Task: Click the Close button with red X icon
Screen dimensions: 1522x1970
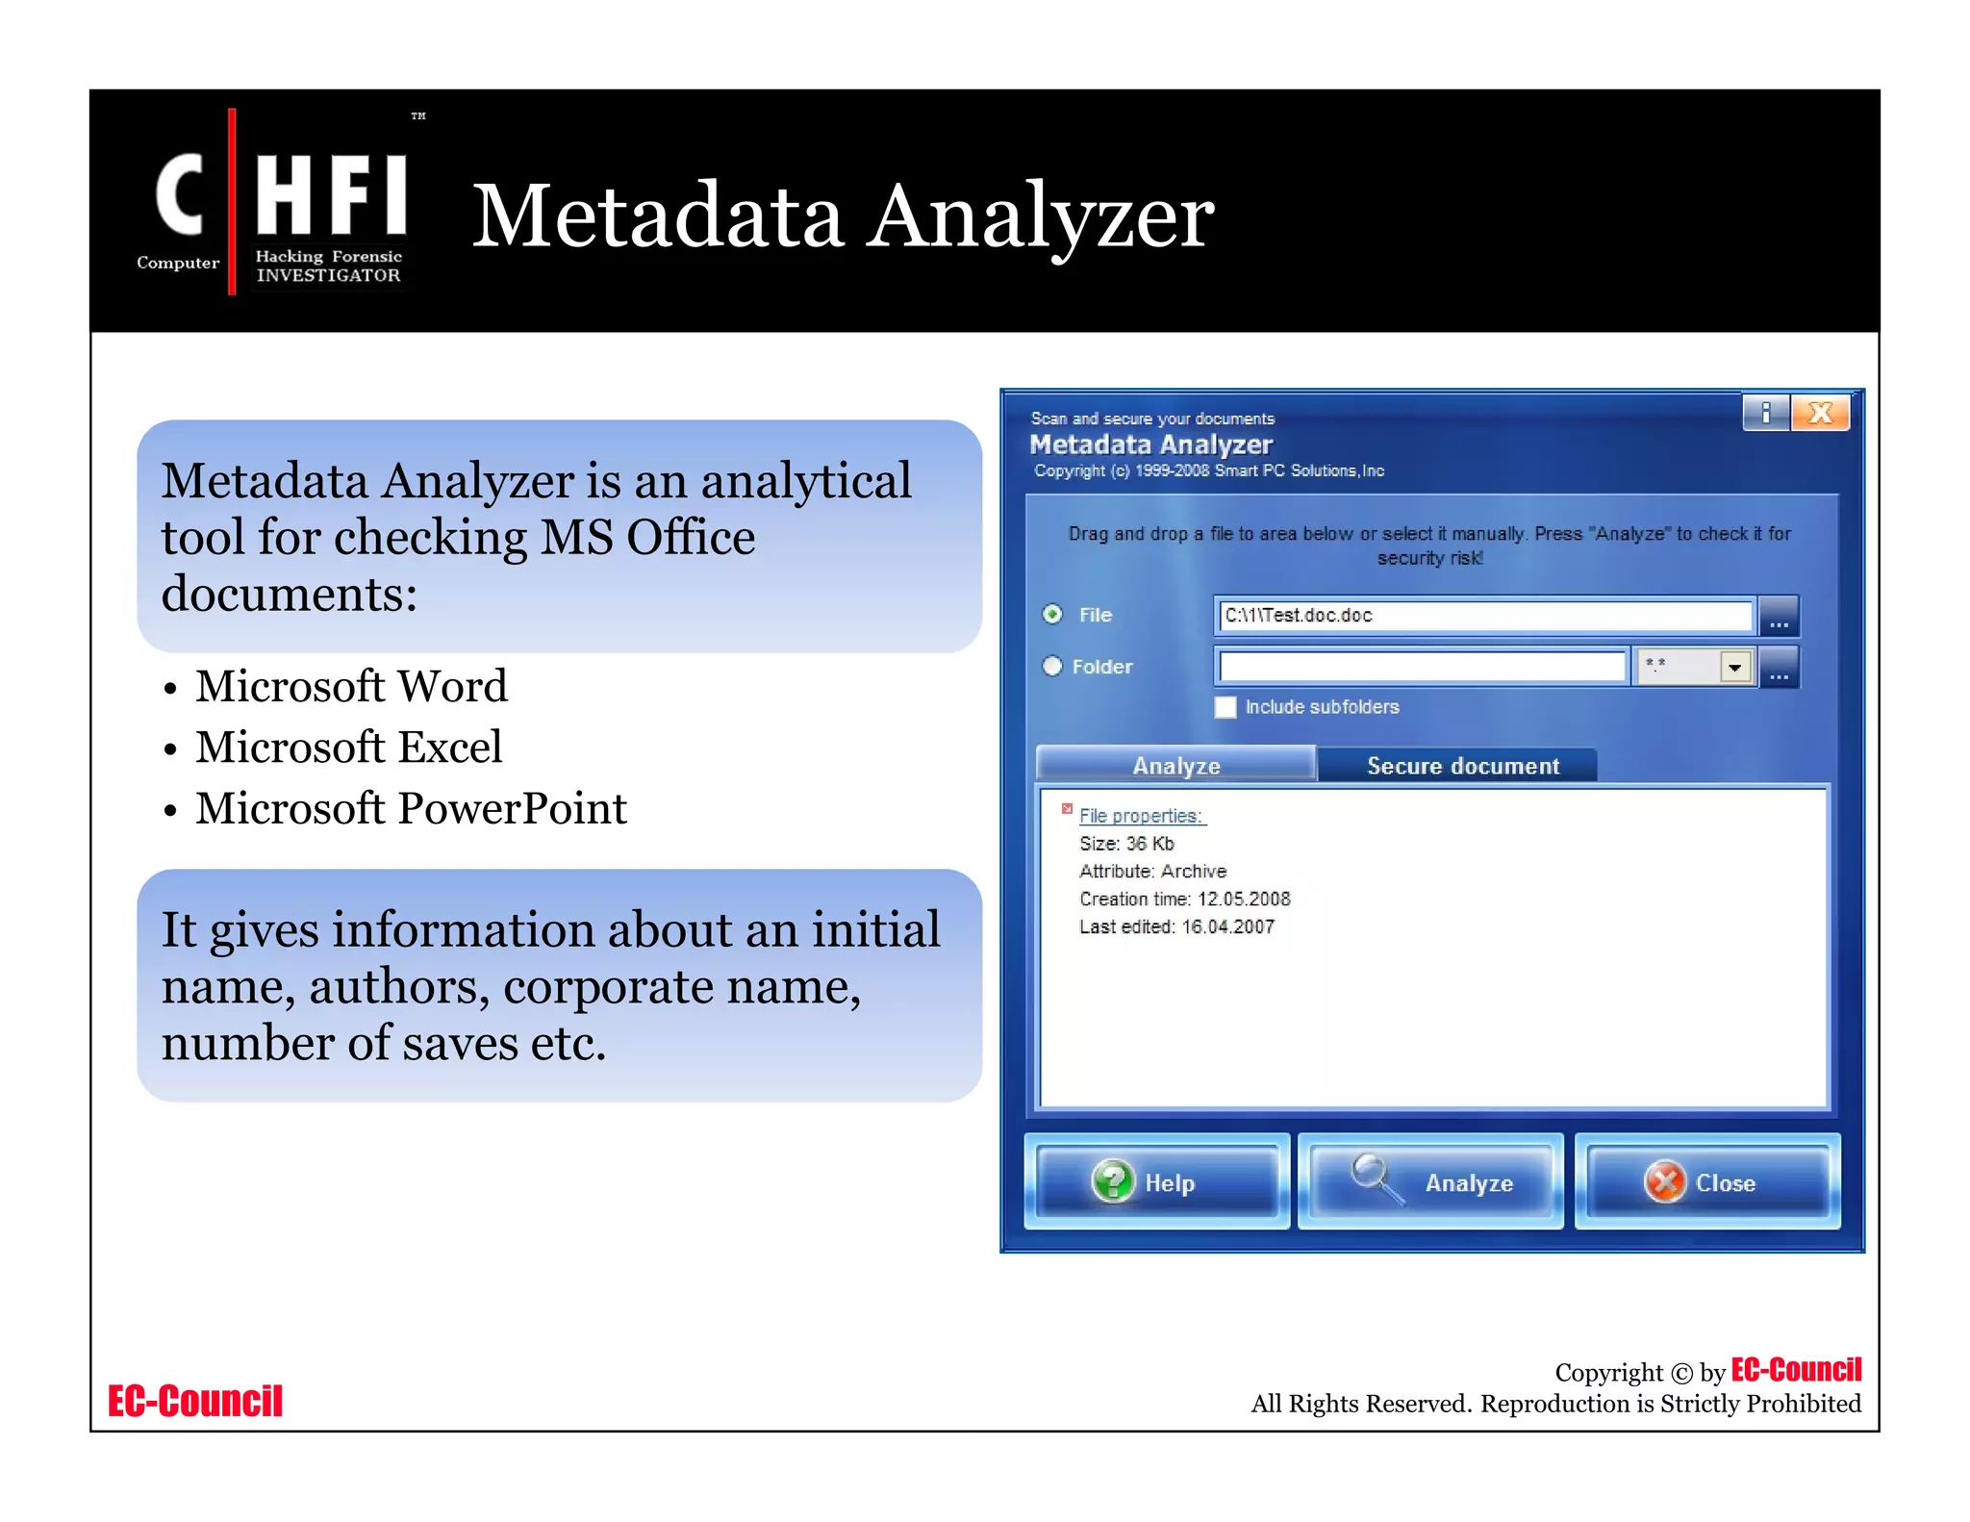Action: [x=1706, y=1181]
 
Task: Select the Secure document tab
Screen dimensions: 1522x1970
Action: [x=1461, y=766]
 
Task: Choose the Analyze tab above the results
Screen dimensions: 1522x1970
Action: [x=1175, y=766]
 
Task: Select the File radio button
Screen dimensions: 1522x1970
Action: [x=1053, y=614]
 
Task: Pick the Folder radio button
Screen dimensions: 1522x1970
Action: [x=1053, y=666]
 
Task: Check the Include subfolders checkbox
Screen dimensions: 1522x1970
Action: [x=1225, y=707]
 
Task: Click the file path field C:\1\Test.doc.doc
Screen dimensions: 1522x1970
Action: [x=1484, y=616]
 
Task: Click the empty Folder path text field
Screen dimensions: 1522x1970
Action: [x=1422, y=666]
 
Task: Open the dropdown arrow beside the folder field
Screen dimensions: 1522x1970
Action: [x=1734, y=666]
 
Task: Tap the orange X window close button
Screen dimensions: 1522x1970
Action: [x=1820, y=414]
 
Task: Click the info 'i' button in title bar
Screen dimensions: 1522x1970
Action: [x=1766, y=414]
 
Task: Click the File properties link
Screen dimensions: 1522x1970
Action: [x=1141, y=816]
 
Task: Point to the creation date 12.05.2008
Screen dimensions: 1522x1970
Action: [x=1243, y=899]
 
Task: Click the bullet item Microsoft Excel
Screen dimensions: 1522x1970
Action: [x=348, y=748]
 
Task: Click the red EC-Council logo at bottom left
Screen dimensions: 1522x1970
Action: [x=195, y=1401]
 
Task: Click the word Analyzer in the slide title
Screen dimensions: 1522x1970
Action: [x=1041, y=216]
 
